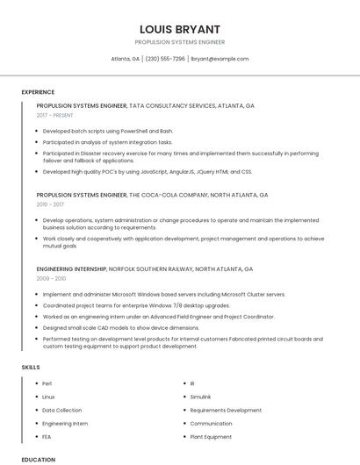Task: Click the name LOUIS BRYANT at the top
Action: pos(179,29)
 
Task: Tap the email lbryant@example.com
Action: pos(220,59)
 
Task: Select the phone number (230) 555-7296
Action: pos(165,59)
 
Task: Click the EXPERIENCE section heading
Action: pos(38,92)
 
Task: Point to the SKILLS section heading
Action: pos(31,368)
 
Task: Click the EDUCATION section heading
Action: pos(39,459)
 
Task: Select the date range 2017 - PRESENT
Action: pos(55,115)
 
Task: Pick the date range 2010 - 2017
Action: pos(50,204)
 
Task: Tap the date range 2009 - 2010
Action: pos(51,278)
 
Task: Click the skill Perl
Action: pos(47,383)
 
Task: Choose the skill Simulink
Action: pos(201,397)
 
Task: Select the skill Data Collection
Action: pos(61,410)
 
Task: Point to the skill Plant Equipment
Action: pos(211,436)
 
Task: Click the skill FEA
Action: pos(47,436)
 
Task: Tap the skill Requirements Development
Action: pos(226,410)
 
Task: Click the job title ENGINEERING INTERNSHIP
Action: pos(71,268)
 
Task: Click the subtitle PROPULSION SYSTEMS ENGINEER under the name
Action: pos(179,42)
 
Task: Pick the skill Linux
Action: pos(48,397)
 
